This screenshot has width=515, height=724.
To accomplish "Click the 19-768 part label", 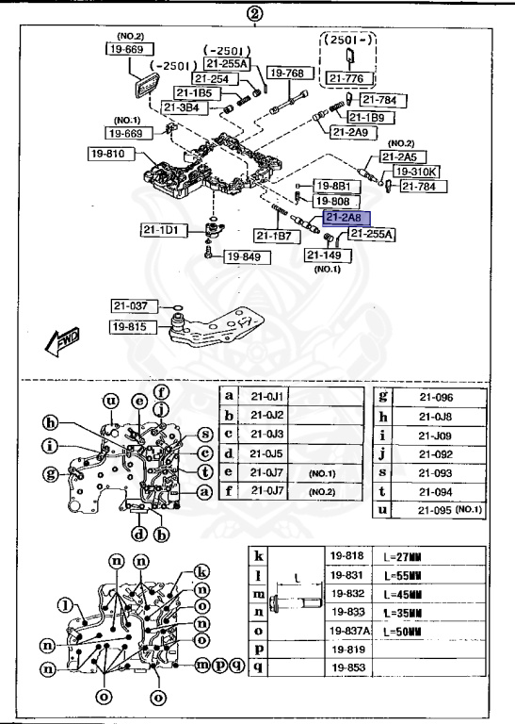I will (x=285, y=73).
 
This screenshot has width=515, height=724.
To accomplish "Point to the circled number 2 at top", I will (x=254, y=13).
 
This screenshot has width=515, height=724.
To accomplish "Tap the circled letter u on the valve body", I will (x=110, y=401).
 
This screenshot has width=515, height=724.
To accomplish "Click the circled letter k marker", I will (x=200, y=571).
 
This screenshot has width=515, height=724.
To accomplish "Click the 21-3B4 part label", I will (x=182, y=107).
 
